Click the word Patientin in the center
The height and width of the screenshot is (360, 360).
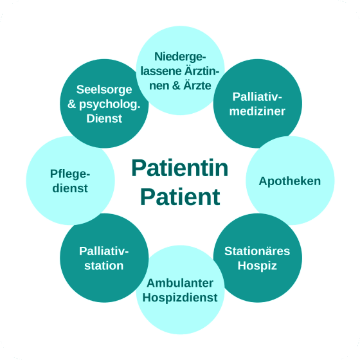coord(179,168)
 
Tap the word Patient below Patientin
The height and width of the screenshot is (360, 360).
coord(179,196)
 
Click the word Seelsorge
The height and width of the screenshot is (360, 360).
coord(104,89)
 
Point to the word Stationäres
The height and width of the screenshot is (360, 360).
coord(257,251)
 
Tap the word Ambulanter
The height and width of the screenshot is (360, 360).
coord(181,283)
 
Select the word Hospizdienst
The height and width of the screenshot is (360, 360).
coord(181,298)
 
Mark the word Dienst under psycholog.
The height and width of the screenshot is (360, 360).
coord(104,119)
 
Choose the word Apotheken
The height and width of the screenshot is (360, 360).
coord(290,181)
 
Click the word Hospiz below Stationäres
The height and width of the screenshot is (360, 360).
coord(257,265)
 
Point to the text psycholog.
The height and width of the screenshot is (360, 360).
coord(110,105)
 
